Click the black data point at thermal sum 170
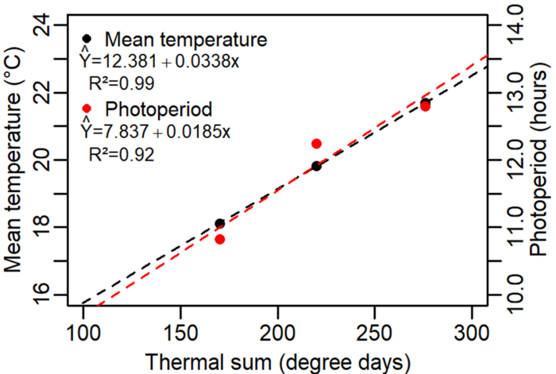(x=219, y=224)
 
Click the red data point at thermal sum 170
(x=219, y=239)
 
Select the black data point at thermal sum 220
(x=316, y=166)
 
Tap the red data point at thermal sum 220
(x=316, y=144)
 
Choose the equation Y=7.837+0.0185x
(x=155, y=129)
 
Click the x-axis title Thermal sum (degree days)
(x=277, y=360)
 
